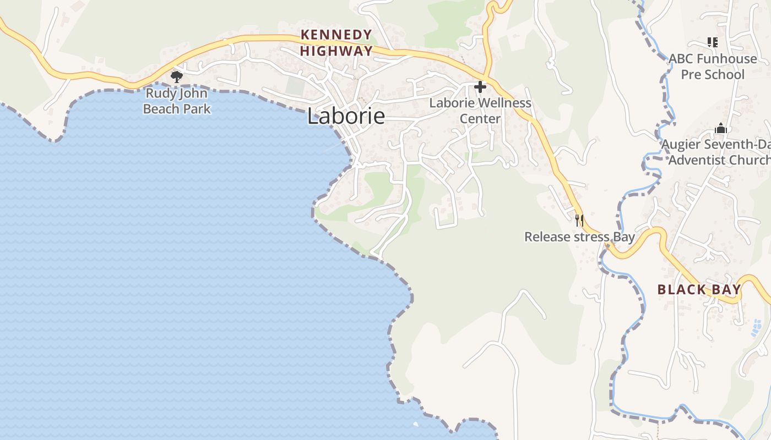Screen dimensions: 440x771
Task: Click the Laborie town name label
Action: click(346, 116)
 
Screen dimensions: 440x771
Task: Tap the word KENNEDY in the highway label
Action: click(336, 35)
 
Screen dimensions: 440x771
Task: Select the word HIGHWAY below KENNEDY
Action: click(336, 51)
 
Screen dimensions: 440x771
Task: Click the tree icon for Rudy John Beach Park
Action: click(177, 77)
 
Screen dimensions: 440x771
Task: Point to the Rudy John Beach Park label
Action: click(177, 101)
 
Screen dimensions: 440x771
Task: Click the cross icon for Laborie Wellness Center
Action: click(480, 87)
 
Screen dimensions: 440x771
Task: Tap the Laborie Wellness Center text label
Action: click(480, 111)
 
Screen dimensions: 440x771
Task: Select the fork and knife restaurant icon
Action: click(579, 221)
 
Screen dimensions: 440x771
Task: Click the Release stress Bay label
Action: click(579, 237)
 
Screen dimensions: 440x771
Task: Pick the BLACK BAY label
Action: click(699, 290)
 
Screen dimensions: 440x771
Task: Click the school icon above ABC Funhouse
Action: click(713, 42)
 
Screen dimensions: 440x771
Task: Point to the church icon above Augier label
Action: click(721, 129)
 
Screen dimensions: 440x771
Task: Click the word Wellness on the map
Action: click(505, 103)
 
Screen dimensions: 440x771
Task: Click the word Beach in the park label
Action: click(162, 109)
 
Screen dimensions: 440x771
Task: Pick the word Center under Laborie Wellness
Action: click(480, 119)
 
